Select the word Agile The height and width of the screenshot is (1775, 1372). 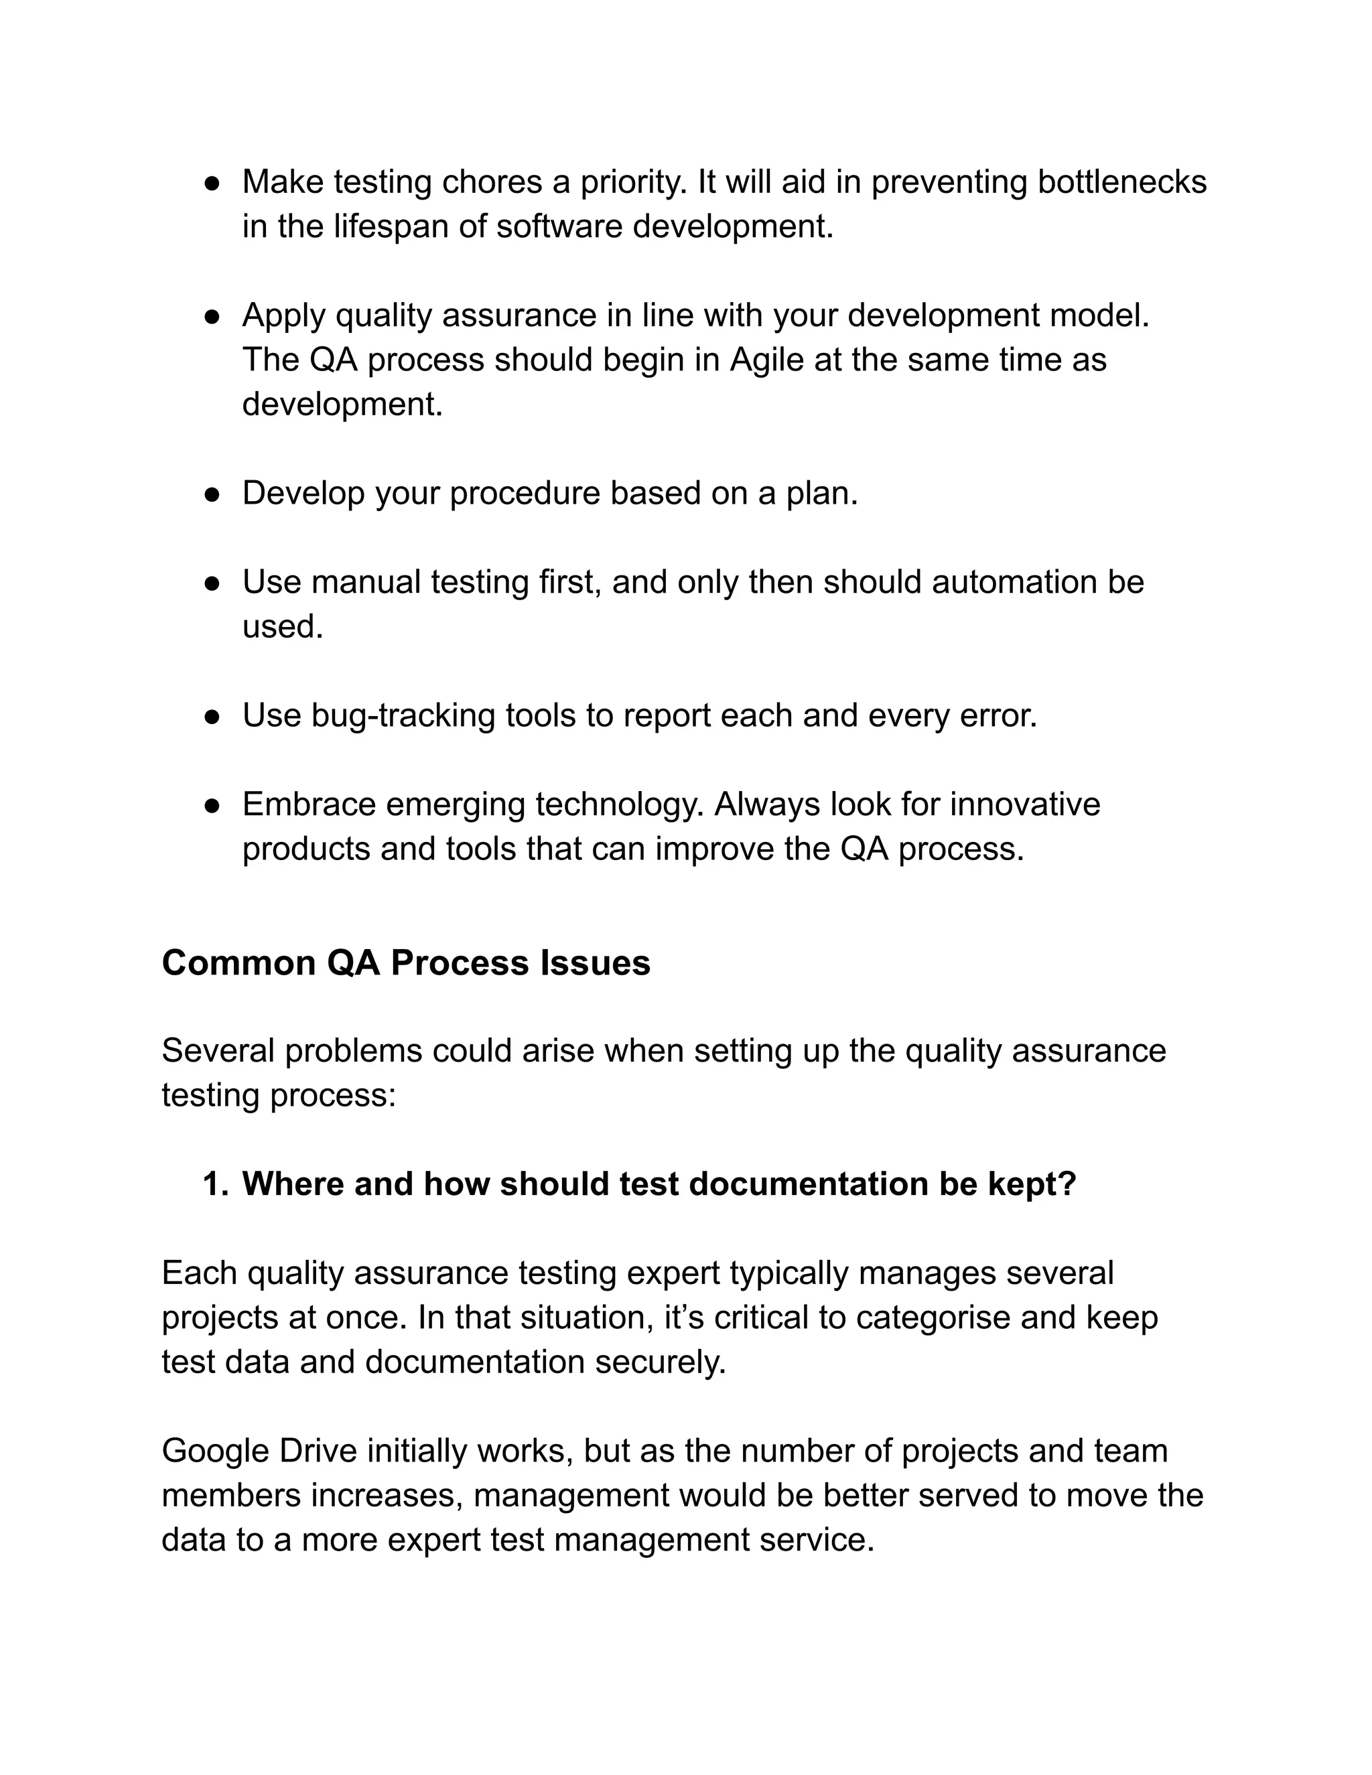[766, 360]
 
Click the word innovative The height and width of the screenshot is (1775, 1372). [1025, 804]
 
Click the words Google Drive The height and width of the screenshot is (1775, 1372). [259, 1451]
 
